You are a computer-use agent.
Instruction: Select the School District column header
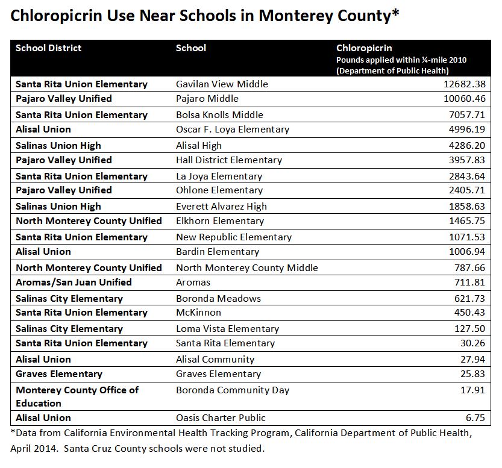[x=48, y=48]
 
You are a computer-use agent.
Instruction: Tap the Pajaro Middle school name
[x=207, y=99]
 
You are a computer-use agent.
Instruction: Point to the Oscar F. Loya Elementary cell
[x=232, y=129]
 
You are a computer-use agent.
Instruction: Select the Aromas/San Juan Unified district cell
[x=74, y=282]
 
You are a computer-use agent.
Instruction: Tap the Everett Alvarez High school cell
[x=221, y=207]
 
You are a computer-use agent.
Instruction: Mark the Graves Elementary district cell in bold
[x=59, y=374]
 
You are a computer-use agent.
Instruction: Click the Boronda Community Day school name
[x=232, y=390]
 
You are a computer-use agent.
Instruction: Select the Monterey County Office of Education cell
[x=77, y=396]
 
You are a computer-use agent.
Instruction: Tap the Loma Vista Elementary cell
[x=227, y=329]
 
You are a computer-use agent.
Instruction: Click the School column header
[x=190, y=48]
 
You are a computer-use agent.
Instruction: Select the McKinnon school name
[x=198, y=313]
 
